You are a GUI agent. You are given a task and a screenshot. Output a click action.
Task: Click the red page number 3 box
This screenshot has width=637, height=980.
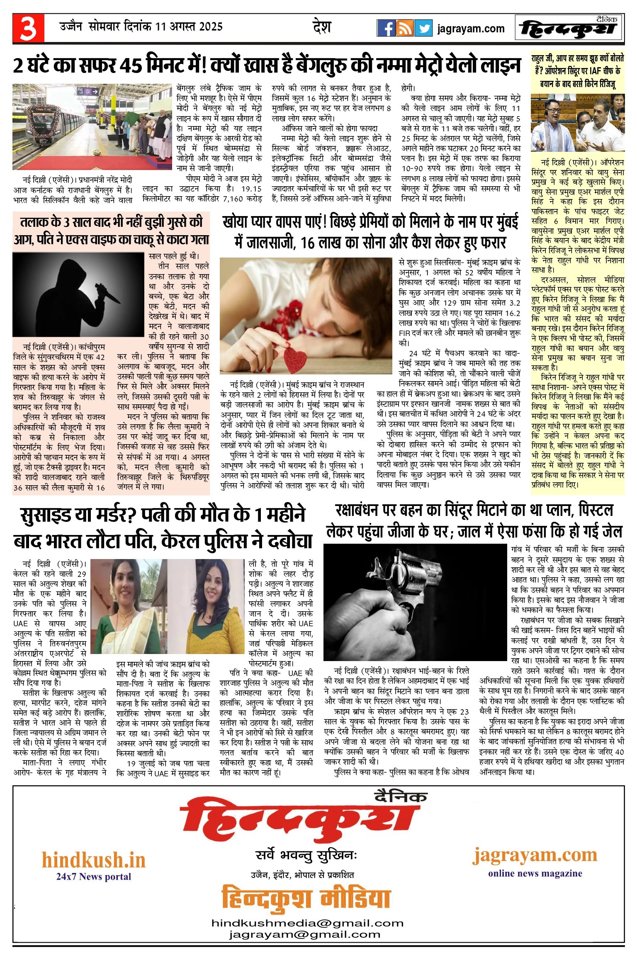pos(28,29)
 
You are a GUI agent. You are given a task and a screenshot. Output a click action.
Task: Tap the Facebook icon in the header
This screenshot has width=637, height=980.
pos(386,28)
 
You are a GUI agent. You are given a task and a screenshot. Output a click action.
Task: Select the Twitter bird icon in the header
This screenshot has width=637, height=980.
pos(423,28)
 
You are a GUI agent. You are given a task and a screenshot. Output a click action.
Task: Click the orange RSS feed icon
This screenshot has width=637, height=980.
pos(405,28)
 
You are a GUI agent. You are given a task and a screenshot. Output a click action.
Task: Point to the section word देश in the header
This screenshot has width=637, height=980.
pos(321,27)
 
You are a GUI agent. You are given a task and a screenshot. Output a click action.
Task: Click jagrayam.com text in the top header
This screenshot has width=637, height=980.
pos(471,29)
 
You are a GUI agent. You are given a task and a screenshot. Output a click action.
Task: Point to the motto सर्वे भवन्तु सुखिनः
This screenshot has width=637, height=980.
pos(306,855)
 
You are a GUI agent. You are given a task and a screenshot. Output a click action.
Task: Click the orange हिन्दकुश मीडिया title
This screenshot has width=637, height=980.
pos(306,898)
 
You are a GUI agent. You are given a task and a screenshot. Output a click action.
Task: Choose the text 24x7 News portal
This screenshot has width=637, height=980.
pos(94,876)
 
